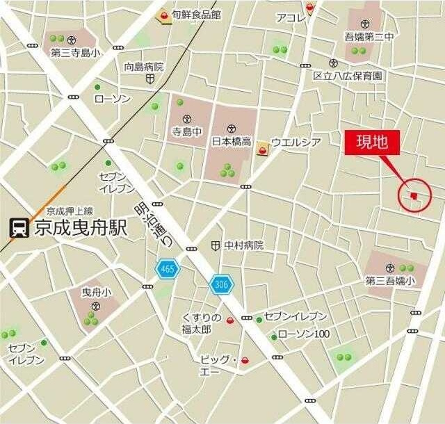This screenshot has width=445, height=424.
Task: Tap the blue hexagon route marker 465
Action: pos(168,268)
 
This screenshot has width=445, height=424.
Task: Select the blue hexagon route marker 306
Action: pos(222,283)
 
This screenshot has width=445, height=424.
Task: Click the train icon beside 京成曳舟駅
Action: pos(19,228)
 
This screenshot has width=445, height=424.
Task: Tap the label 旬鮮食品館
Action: pos(197,14)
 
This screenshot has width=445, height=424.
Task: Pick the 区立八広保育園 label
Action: pos(348,74)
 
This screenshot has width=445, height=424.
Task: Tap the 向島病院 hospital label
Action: pos(144,67)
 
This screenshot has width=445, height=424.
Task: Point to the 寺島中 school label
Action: pos(186,130)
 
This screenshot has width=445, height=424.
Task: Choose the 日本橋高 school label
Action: pos(231,141)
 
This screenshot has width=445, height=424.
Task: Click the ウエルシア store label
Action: pos(296,142)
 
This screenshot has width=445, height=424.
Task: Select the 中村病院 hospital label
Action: pos(243,245)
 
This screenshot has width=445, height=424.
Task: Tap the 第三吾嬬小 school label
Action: pos(390,281)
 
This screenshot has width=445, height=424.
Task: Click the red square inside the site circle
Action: pos(414,196)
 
